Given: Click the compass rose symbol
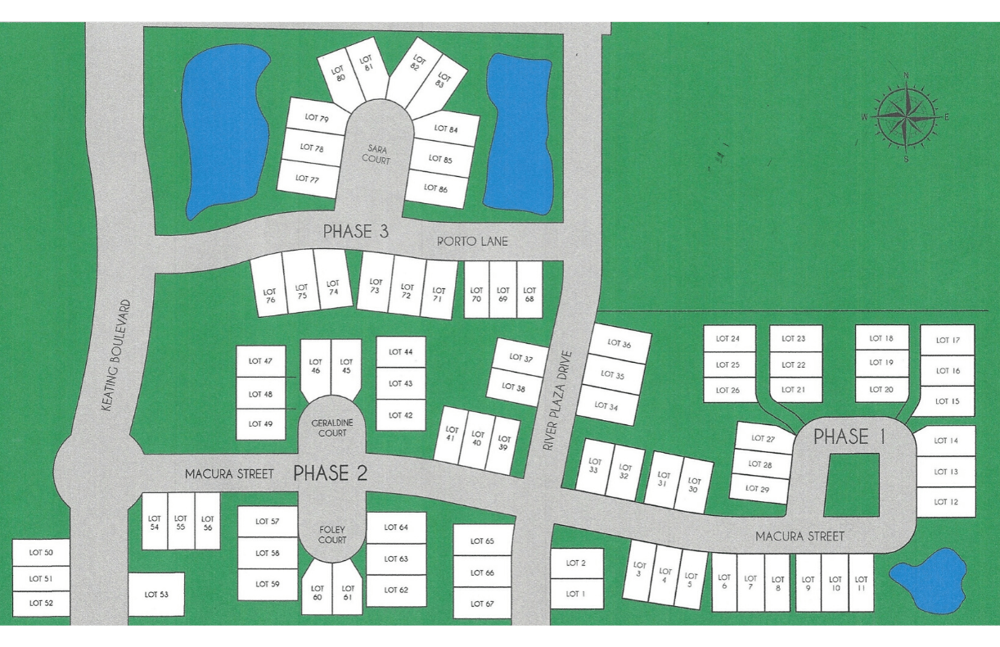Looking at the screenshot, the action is click(x=906, y=117).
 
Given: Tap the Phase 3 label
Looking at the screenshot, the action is click(x=355, y=232).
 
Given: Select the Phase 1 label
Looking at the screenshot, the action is click(x=849, y=437).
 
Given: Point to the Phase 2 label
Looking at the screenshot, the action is click(x=330, y=473).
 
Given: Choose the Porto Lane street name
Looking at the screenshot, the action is click(x=472, y=241).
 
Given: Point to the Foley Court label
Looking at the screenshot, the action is click(x=331, y=535).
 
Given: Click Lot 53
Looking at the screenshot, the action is click(x=156, y=594).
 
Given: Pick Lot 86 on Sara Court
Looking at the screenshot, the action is click(x=437, y=188).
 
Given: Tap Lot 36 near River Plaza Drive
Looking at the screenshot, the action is click(x=620, y=345).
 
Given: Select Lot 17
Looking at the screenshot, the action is click(x=948, y=340).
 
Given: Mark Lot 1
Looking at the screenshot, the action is click(x=576, y=593).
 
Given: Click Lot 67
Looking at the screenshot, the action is click(x=483, y=604).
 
